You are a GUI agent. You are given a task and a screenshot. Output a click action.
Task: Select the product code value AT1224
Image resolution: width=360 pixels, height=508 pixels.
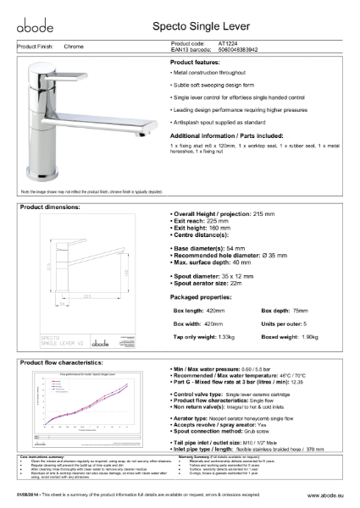point(230,43)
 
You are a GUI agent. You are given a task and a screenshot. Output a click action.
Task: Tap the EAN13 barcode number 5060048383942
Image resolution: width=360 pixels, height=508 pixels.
point(243,50)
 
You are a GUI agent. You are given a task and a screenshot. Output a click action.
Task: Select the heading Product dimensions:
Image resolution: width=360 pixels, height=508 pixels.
point(50,206)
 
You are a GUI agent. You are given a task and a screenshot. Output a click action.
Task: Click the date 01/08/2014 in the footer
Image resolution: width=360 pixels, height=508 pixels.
point(32,495)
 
